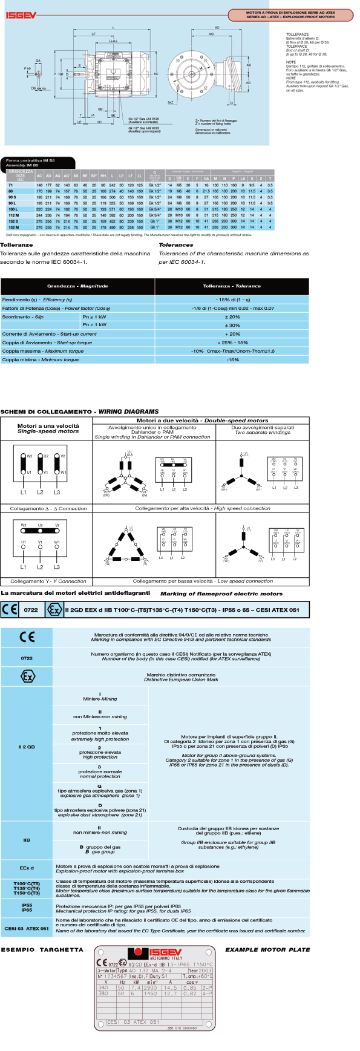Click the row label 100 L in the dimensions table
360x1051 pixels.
point(13,209)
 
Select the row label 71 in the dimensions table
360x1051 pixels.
point(11,185)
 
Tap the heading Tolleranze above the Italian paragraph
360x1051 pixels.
point(16,245)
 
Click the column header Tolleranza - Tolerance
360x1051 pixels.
point(232,286)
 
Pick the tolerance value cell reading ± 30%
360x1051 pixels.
point(232,325)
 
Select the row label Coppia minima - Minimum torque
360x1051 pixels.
point(41,359)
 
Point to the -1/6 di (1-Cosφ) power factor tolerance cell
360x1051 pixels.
point(232,308)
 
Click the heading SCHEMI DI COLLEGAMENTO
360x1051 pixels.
point(46,411)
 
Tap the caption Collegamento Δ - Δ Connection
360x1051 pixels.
point(48,508)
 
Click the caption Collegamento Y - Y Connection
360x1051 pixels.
point(48,581)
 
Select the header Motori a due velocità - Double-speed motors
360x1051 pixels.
point(202,420)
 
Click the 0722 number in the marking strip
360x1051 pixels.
point(31,610)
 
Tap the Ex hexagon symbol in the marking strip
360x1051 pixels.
point(54,609)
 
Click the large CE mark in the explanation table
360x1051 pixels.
point(27,637)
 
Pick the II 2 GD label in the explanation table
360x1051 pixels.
point(27,747)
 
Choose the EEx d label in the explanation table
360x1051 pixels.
point(27,868)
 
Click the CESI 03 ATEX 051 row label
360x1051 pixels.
point(27,928)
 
